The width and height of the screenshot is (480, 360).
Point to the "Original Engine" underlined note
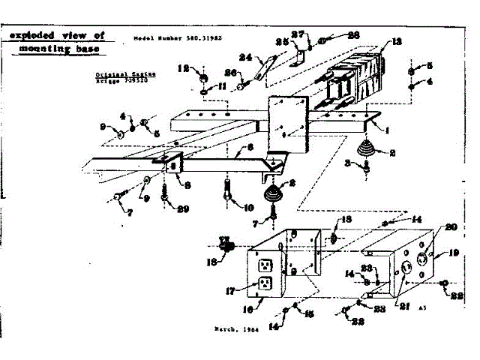coord(116,76)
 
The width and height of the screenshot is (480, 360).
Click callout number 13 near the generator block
coord(397,42)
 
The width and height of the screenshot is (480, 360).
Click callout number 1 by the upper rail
coord(388,130)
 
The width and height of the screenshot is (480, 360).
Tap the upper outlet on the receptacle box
coord(265,265)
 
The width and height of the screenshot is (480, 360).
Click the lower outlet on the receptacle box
coord(265,283)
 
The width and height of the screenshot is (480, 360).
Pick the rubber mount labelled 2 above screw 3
coord(365,149)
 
